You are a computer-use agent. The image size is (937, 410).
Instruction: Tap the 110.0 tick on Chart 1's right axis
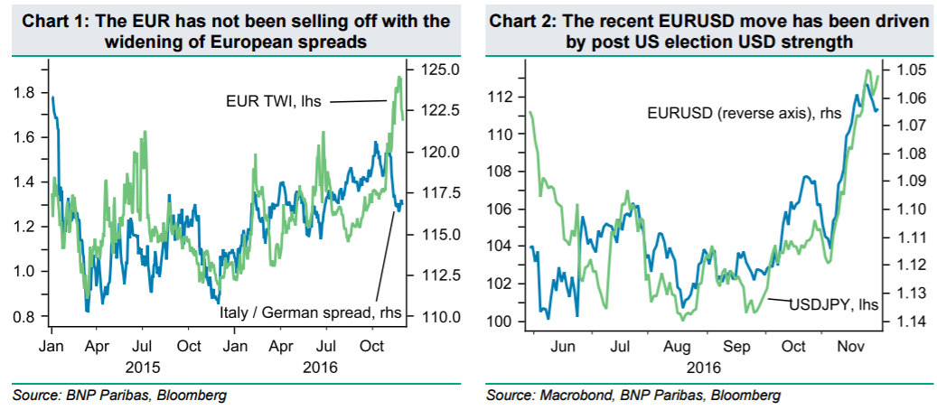tap(430, 317)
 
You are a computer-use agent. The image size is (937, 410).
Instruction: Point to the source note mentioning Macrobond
tap(632, 396)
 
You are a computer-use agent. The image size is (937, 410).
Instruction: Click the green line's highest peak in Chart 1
tap(398, 78)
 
